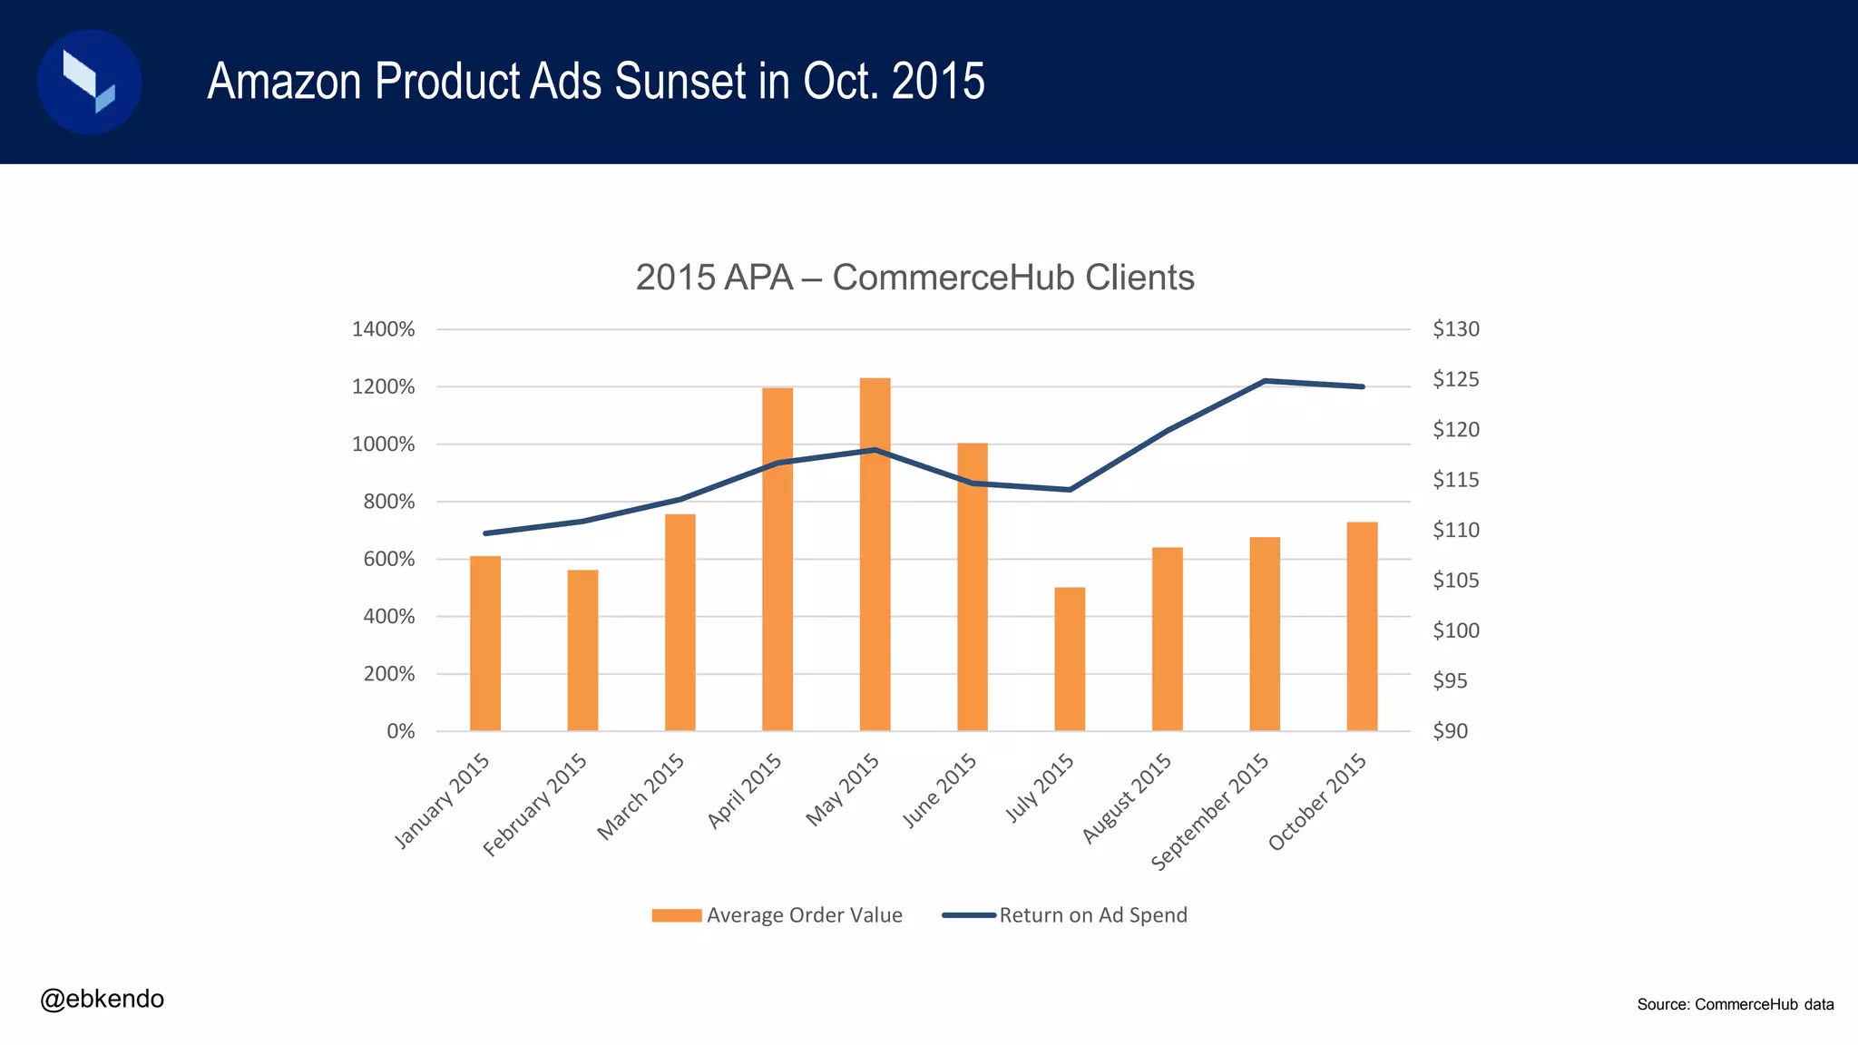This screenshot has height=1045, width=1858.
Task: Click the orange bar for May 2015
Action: pyautogui.click(x=875, y=553)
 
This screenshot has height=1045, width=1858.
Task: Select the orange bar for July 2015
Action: pyautogui.click(x=1070, y=659)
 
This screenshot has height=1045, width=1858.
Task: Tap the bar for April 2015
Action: pyautogui.click(x=777, y=559)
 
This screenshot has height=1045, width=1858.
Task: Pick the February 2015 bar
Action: pyautogui.click(x=582, y=649)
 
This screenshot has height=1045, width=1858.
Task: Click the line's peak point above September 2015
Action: pyautogui.click(x=1265, y=381)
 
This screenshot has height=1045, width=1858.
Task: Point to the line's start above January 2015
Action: pyautogui.click(x=485, y=533)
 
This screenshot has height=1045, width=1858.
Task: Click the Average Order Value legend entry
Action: pyautogui.click(x=777, y=915)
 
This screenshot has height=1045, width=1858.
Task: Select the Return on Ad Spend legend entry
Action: pyautogui.click(x=1065, y=915)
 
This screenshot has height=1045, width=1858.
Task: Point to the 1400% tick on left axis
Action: pyautogui.click(x=383, y=329)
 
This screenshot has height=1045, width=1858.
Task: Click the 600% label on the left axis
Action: pyautogui.click(x=388, y=559)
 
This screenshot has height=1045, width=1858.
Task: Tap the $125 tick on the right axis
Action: pyautogui.click(x=1455, y=379)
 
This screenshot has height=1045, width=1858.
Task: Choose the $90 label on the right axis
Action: pyautogui.click(x=1450, y=730)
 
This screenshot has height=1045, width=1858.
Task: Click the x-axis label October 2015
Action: pyautogui.click(x=1317, y=801)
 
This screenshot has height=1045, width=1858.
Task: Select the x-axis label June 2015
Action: pyautogui.click(x=940, y=790)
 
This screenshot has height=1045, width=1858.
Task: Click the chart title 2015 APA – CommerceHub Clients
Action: pyautogui.click(x=914, y=278)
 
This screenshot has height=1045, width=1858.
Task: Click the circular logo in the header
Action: pyautogui.click(x=89, y=82)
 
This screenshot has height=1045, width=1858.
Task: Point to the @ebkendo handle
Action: pyautogui.click(x=102, y=999)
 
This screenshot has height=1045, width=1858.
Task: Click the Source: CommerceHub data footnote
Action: pyautogui.click(x=1735, y=1004)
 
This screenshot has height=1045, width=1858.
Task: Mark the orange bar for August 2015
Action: pyautogui.click(x=1167, y=639)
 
